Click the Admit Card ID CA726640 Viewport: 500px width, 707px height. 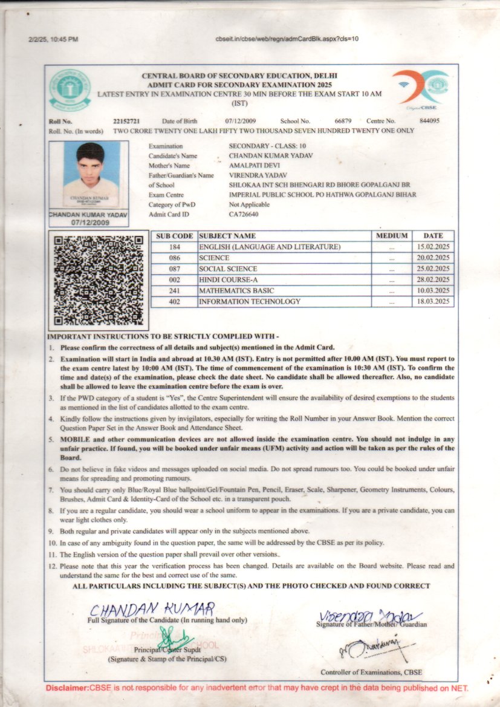point(244,214)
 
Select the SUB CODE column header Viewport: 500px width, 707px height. point(174,236)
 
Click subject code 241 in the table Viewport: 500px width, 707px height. point(175,290)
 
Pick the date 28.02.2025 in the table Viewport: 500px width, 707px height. point(433,279)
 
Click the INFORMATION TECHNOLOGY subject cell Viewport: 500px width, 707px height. point(249,301)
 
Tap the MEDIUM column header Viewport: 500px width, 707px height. point(392,235)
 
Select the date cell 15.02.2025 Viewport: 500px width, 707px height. point(433,247)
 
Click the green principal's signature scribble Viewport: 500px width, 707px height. point(175,637)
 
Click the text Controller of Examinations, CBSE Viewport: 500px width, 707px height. point(371,672)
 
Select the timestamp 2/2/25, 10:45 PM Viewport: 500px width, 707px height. point(53,39)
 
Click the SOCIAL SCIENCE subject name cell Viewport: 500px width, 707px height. point(228,269)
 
